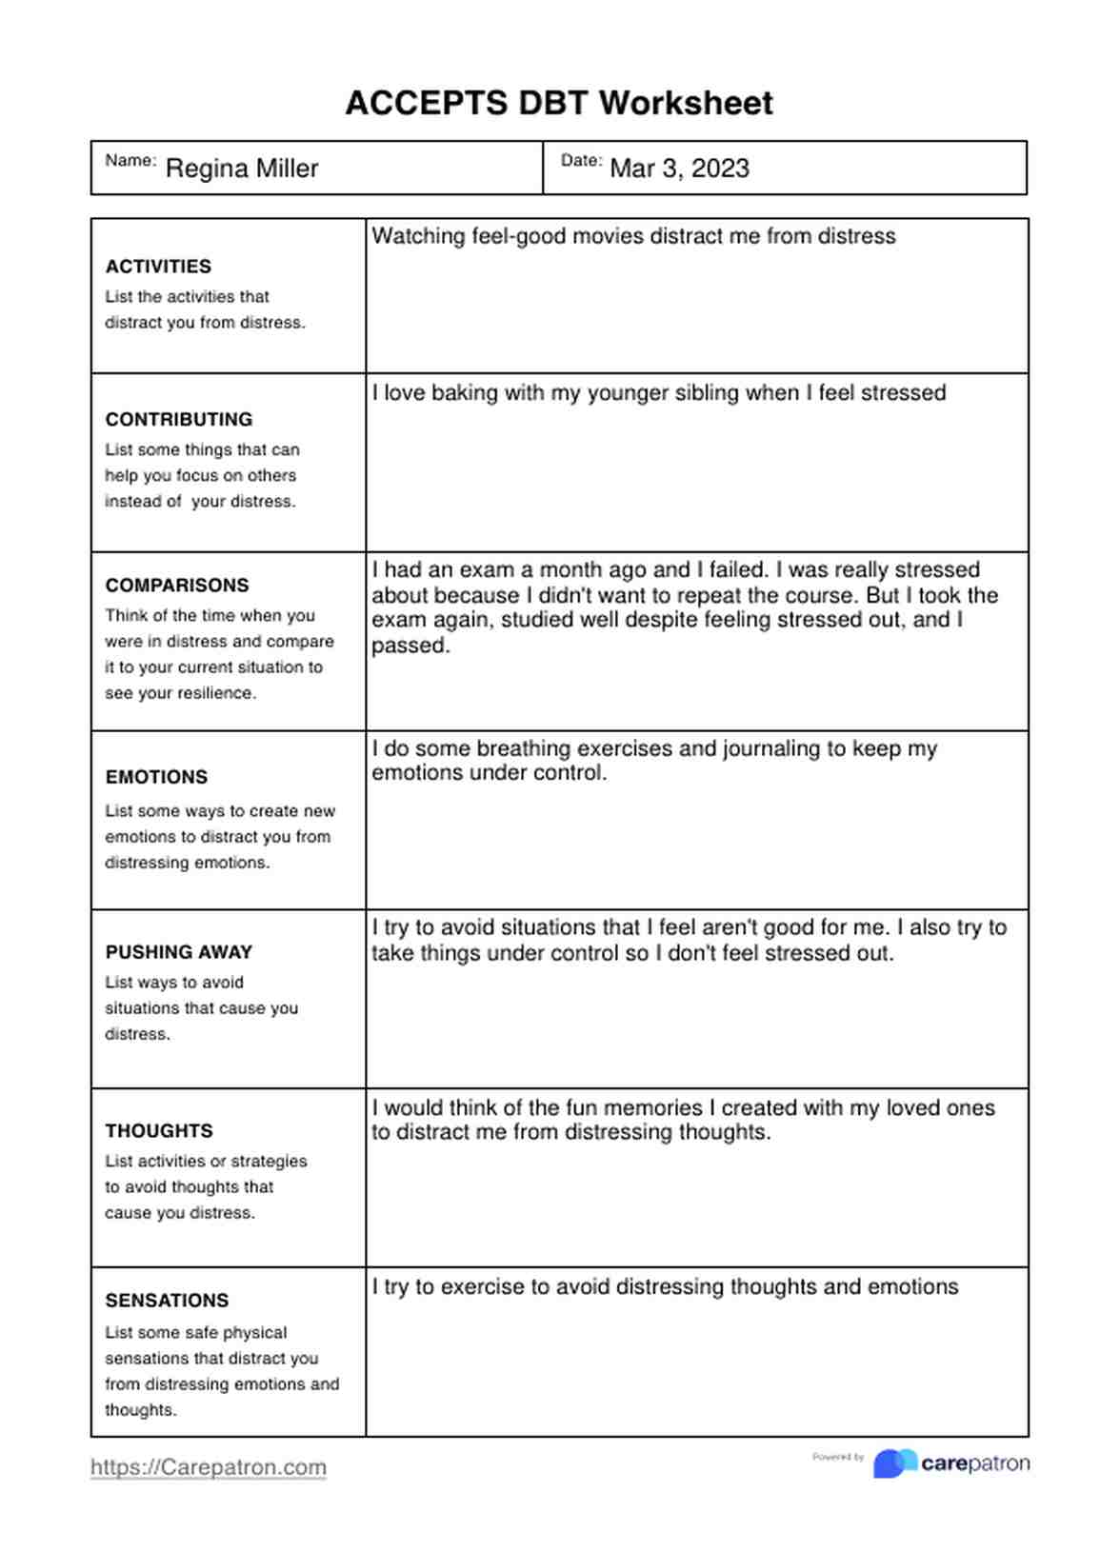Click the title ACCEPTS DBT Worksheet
[559, 103]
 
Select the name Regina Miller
[242, 169]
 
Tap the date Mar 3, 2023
[679, 169]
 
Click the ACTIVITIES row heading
[158, 267]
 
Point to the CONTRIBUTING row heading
[179, 420]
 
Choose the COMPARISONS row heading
[177, 586]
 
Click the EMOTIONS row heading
[156, 777]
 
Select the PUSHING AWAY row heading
[179, 952]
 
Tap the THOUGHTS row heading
[159, 1131]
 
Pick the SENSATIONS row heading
[167, 1301]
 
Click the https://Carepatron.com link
[209, 1467]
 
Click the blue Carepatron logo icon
[894, 1463]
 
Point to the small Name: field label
[130, 160]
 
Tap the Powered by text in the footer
[838, 1457]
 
